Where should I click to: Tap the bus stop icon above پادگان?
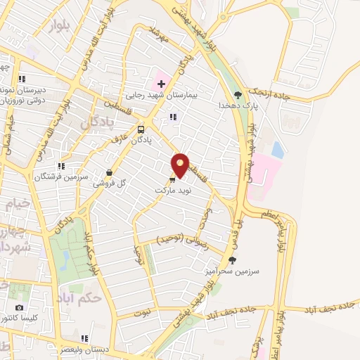pyautogui.click(x=141, y=129)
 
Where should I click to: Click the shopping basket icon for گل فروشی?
pyautogui.click(x=109, y=172)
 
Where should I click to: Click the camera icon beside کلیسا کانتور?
pyautogui.click(x=19, y=308)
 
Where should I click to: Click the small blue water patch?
pyautogui.click(x=278, y=150)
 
